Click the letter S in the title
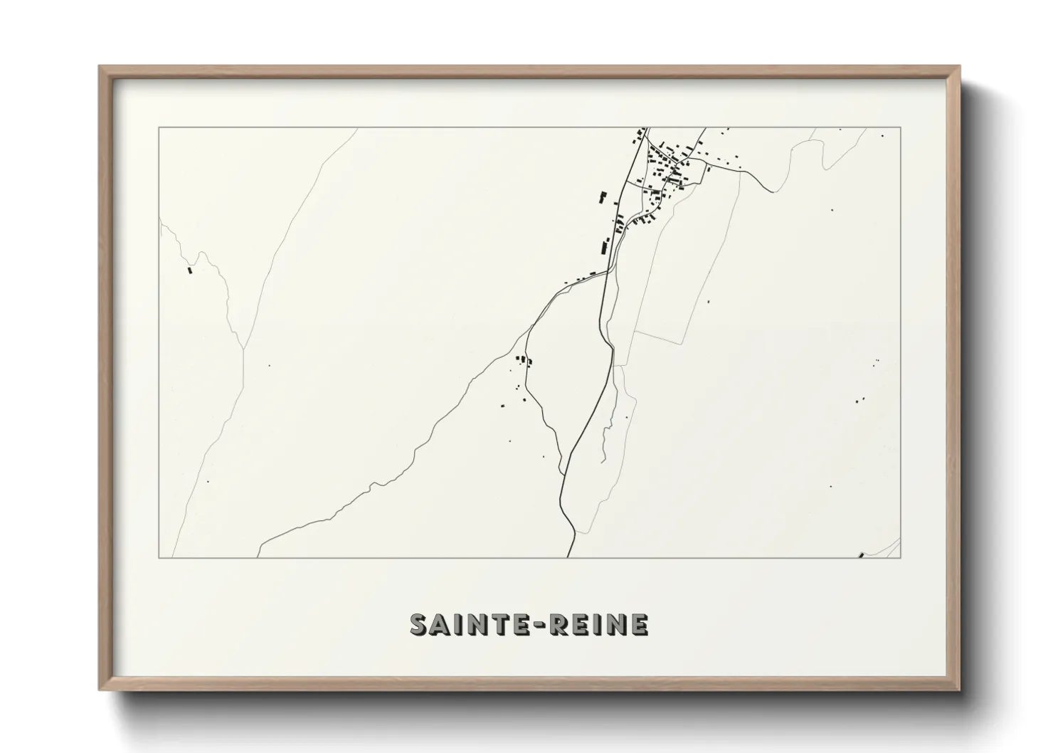(419, 624)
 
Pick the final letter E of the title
(639, 624)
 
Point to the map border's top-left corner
(159, 128)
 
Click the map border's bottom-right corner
(901, 557)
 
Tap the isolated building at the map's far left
(189, 269)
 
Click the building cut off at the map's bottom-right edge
(862, 555)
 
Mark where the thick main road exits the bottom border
(568, 557)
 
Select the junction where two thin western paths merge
(243, 349)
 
